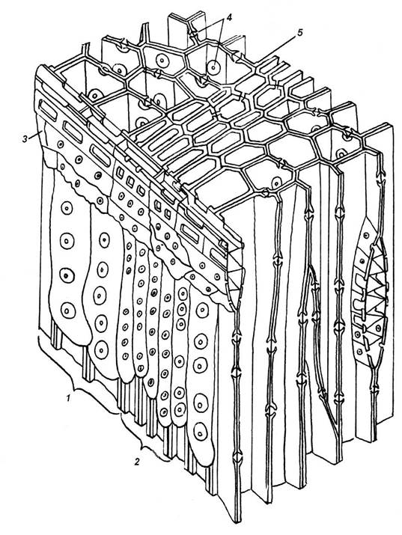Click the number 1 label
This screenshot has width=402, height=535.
tap(69, 398)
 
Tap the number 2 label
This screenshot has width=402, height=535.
tap(137, 462)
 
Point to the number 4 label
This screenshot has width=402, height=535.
tap(228, 17)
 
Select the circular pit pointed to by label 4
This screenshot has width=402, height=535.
tap(213, 67)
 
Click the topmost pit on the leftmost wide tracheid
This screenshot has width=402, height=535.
tap(67, 208)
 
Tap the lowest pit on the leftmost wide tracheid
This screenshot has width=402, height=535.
tap(68, 310)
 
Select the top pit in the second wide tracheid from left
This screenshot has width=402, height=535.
tap(104, 240)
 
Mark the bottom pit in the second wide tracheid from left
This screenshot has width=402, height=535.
tap(101, 349)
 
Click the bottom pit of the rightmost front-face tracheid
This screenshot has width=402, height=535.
tap(201, 432)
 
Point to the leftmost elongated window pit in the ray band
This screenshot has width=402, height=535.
tap(48, 109)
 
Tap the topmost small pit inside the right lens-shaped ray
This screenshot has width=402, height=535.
tap(366, 236)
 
